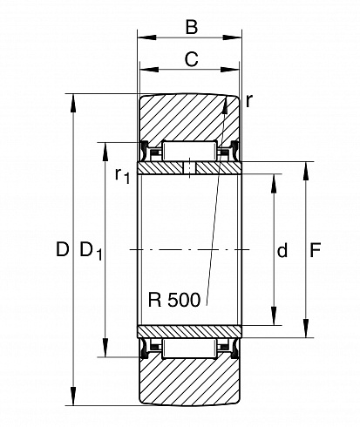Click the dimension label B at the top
click(192, 27)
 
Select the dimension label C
click(191, 59)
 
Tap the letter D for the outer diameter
click(63, 249)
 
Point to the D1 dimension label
click(91, 251)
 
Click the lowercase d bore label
click(282, 250)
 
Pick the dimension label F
click(315, 250)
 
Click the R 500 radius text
click(174, 300)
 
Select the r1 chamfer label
click(122, 175)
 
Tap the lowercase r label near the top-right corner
click(249, 102)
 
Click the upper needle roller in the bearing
click(189, 151)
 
